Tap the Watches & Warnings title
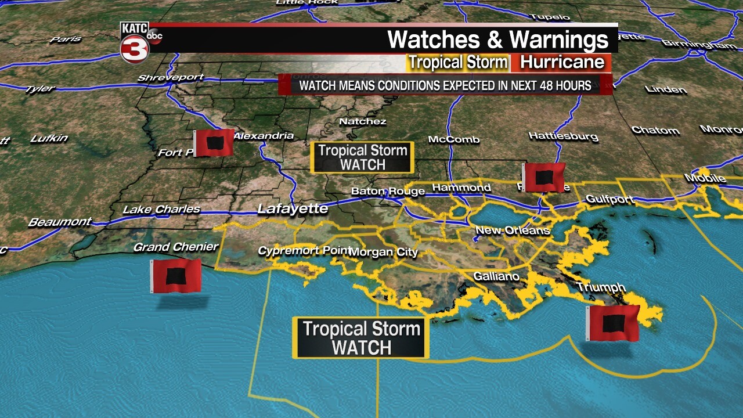[497, 40]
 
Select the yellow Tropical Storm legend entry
[458, 62]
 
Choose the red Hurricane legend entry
[562, 62]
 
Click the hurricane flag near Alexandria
[214, 143]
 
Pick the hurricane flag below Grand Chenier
[176, 276]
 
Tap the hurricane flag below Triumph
[612, 323]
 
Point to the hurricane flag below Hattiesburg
[543, 177]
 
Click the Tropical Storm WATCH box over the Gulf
[361, 337]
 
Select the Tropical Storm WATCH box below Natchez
[363, 157]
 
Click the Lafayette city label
[293, 208]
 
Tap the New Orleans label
[512, 230]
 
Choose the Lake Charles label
[161, 209]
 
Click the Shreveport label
[171, 78]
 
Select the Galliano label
[496, 276]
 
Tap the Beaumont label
[60, 222]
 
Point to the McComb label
[454, 139]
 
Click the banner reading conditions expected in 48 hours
[445, 86]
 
